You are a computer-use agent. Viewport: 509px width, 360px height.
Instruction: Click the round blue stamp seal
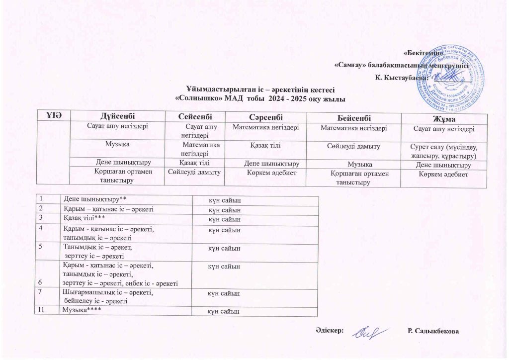tap(459, 71)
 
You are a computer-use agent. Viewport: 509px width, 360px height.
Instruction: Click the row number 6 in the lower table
tap(38, 283)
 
